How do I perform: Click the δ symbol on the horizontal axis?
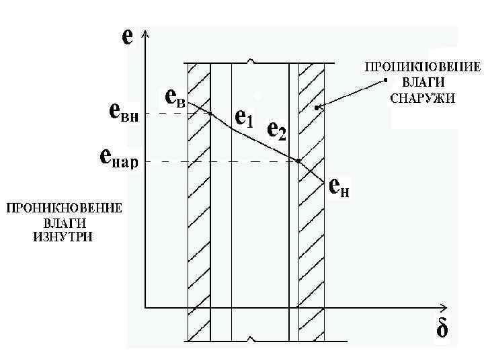[442, 330]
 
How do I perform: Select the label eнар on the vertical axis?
[118, 159]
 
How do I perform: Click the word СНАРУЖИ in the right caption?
[423, 97]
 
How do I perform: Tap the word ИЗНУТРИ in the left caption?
[61, 237]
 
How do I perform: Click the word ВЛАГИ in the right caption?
[423, 82]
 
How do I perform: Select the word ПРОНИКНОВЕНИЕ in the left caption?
[65, 208]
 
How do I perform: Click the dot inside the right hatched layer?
[317, 107]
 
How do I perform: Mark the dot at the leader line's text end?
[386, 80]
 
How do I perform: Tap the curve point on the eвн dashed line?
[210, 114]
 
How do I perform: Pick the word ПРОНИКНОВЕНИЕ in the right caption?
[423, 67]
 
